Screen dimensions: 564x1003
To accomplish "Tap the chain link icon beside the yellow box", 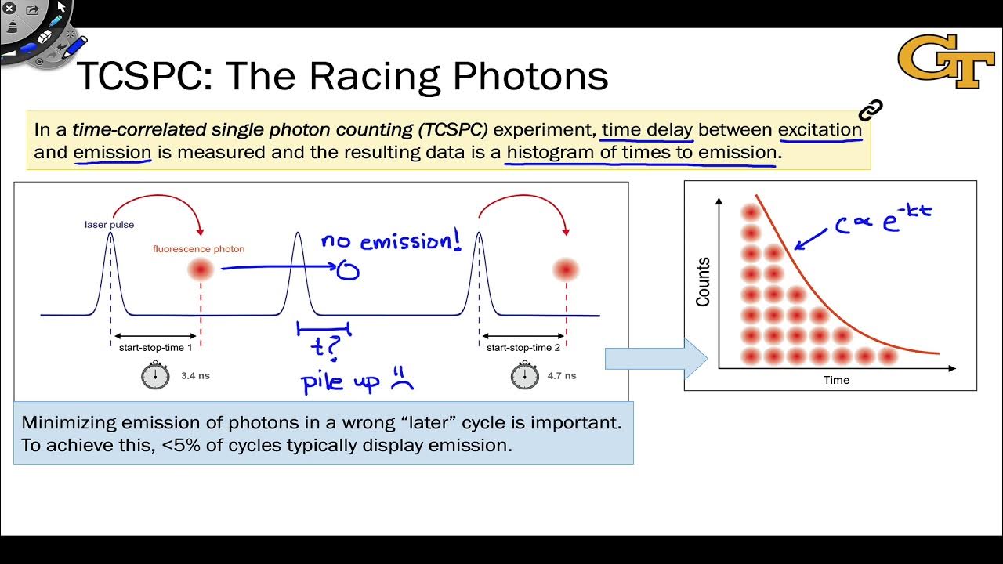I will click(870, 110).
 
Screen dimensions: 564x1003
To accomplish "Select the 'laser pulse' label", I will click(109, 225).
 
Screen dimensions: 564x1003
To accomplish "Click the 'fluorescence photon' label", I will click(198, 249).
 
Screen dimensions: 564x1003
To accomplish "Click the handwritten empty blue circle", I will click(348, 271).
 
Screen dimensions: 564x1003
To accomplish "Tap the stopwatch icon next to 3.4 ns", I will click(155, 376).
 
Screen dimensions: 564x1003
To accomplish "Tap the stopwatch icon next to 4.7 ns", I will click(524, 376).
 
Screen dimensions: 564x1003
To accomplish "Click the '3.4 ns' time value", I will click(195, 376).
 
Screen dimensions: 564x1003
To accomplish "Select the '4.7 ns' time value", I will click(561, 376).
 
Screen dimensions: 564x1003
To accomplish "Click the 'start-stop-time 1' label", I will click(155, 347).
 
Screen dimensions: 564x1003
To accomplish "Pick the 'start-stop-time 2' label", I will click(523, 347).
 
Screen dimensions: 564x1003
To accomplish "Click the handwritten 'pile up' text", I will click(340, 382).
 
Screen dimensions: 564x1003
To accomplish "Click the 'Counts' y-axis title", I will click(703, 282).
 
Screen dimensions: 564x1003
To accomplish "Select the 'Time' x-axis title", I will click(836, 380).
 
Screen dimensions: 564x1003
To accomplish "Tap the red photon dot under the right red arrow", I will click(566, 269).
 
